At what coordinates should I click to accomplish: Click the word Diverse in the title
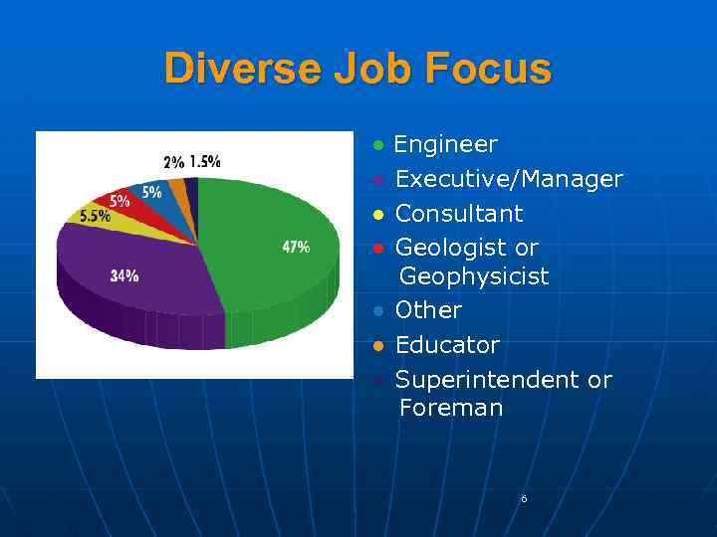[230, 69]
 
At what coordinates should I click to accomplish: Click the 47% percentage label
[296, 248]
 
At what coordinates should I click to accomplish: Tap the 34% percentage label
[124, 275]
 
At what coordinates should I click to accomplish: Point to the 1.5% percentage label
[205, 161]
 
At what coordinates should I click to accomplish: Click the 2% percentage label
[173, 162]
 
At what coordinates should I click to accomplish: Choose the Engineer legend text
[445, 145]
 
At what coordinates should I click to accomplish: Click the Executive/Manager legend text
[509, 180]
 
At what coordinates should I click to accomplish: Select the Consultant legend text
[459, 214]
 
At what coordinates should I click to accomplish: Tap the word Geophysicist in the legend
[474, 276]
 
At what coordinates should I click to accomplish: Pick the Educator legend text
[447, 345]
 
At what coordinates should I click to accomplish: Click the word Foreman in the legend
[451, 408]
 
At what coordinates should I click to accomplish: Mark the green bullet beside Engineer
[378, 146]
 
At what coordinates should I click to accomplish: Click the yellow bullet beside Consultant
[378, 215]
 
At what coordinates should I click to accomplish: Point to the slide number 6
[524, 498]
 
